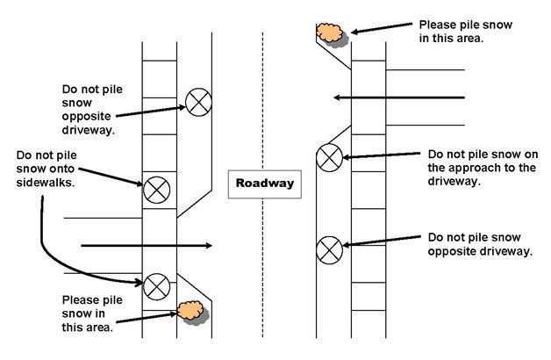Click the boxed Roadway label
263,184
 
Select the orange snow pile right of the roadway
331,34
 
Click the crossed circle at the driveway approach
329,158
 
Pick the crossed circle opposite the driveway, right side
329,248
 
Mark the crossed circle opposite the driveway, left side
197,103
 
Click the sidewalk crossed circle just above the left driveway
156,187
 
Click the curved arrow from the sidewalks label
53,255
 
